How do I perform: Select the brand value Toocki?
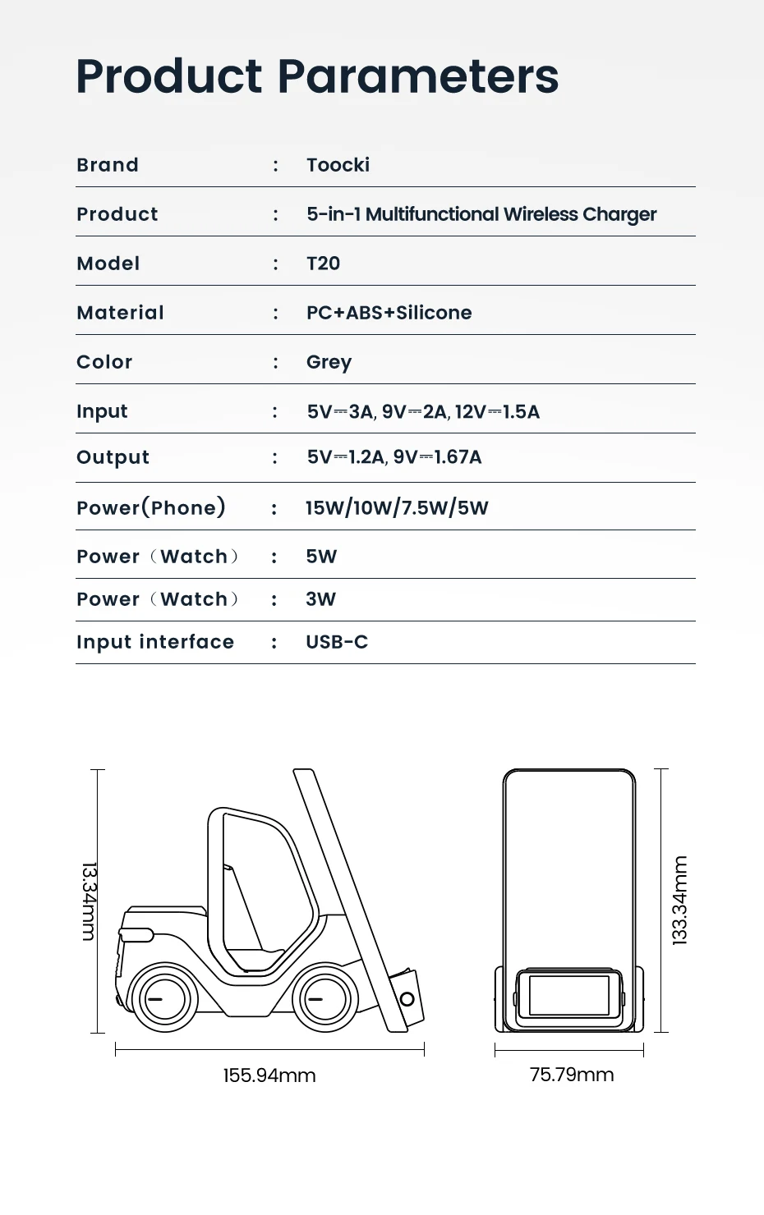(x=338, y=165)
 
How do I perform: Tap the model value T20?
(x=323, y=264)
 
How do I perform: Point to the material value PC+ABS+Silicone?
(x=389, y=313)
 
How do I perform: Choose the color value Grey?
(x=329, y=363)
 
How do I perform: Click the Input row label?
(x=102, y=411)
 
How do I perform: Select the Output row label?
(x=113, y=458)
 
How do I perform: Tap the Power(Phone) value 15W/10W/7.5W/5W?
(x=397, y=508)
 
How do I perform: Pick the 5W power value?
(x=321, y=557)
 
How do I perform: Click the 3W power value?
(x=320, y=599)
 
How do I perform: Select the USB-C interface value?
(x=337, y=642)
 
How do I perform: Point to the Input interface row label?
(x=155, y=642)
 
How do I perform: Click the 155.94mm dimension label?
(x=269, y=1075)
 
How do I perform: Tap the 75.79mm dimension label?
(x=572, y=1075)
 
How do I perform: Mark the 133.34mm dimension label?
(x=680, y=901)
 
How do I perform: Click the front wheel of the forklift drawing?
(x=165, y=999)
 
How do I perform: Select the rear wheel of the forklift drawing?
(x=325, y=999)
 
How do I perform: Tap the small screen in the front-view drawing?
(x=568, y=996)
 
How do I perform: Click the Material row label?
(x=120, y=313)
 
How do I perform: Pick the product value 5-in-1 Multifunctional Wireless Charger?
(x=481, y=214)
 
